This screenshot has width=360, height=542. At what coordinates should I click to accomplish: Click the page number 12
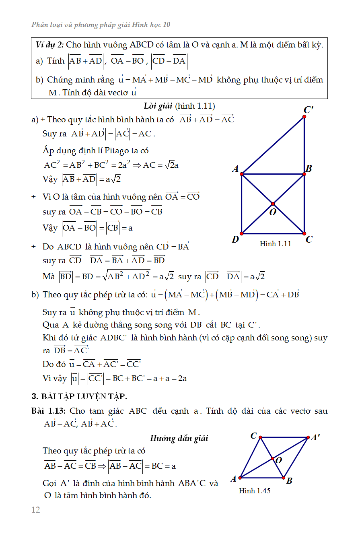(x=36, y=510)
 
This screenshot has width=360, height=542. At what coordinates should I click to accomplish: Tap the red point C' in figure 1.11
(x=304, y=117)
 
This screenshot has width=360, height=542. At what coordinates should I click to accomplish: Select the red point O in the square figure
(x=273, y=204)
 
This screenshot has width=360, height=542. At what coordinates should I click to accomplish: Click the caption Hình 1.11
(x=276, y=244)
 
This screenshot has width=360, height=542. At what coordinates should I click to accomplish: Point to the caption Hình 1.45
(x=255, y=490)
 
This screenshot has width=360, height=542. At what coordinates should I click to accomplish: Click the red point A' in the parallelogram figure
(x=308, y=437)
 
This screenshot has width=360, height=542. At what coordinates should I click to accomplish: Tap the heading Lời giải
(x=158, y=106)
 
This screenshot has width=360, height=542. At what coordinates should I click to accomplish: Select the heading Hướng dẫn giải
(x=179, y=438)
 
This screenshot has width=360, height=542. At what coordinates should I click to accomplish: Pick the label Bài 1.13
(x=48, y=411)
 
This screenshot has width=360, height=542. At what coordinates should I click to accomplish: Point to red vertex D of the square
(x=241, y=233)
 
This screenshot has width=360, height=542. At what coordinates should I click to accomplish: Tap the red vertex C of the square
(x=304, y=233)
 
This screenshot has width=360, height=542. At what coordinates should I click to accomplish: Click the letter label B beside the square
(x=309, y=169)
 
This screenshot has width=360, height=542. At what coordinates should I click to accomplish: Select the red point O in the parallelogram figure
(x=272, y=459)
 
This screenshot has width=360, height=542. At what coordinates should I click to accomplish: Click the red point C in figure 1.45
(x=260, y=437)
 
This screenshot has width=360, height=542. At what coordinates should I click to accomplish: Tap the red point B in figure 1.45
(x=284, y=478)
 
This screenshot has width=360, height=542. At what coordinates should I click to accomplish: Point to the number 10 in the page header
(x=167, y=25)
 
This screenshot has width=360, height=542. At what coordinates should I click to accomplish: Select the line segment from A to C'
(x=273, y=145)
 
